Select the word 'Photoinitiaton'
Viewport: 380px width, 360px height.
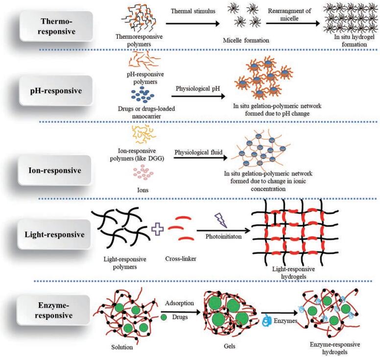(219, 238)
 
